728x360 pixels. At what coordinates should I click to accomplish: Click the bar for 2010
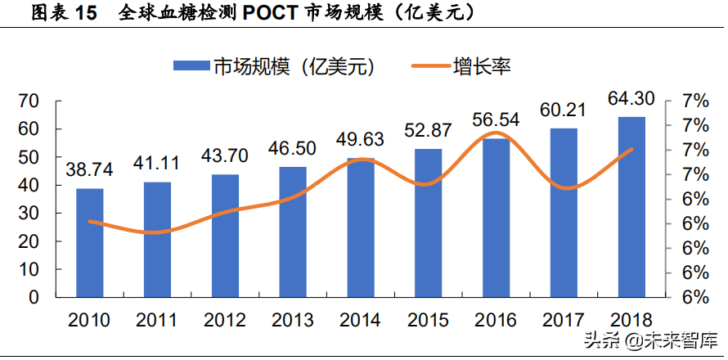(x=90, y=242)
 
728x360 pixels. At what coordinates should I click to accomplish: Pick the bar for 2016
(x=496, y=218)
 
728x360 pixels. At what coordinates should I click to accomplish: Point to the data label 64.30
(x=631, y=99)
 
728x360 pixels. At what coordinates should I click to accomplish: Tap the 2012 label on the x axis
(x=225, y=320)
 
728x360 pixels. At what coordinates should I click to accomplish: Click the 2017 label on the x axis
(x=563, y=320)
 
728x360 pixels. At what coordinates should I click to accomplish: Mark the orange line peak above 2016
(x=496, y=133)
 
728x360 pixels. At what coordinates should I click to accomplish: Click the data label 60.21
(x=563, y=110)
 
